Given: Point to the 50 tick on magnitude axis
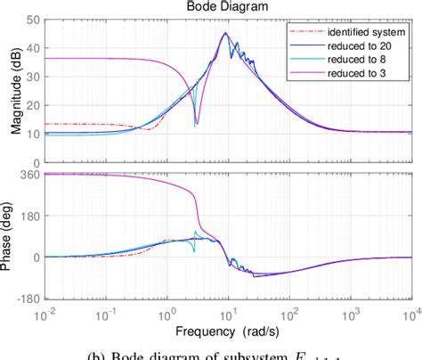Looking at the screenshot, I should point(31,19).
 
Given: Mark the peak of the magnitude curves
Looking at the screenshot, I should point(225,34).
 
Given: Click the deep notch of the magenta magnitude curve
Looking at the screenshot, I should point(196,124).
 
